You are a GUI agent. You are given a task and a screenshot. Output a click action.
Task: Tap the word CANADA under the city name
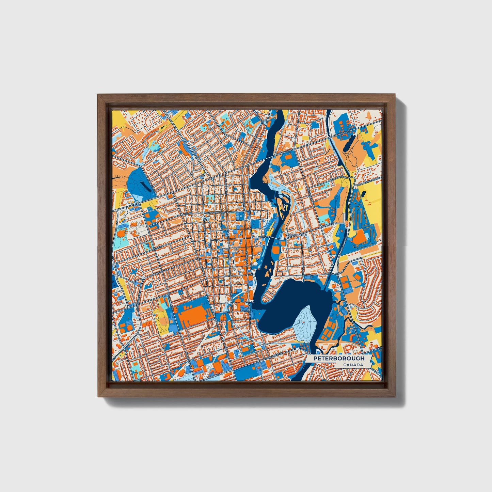[x=352, y=365]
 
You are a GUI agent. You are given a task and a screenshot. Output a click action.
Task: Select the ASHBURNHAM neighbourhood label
[x=297, y=235]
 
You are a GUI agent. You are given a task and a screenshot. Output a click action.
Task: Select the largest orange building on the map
[x=192, y=314]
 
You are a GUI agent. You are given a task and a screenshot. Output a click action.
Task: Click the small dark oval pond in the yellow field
[x=365, y=194]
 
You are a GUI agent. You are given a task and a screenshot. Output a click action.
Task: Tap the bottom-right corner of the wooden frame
[x=396, y=397]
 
